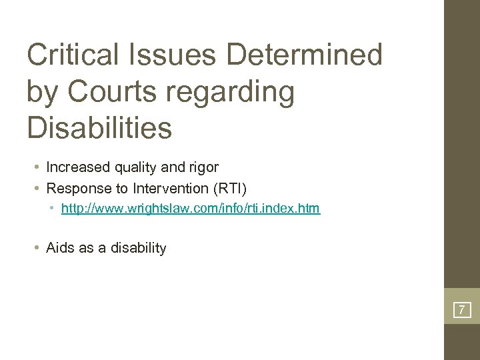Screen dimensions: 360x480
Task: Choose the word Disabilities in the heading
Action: (99, 128)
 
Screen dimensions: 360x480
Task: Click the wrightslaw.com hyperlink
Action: (190, 209)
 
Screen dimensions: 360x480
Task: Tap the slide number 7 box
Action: (461, 310)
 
